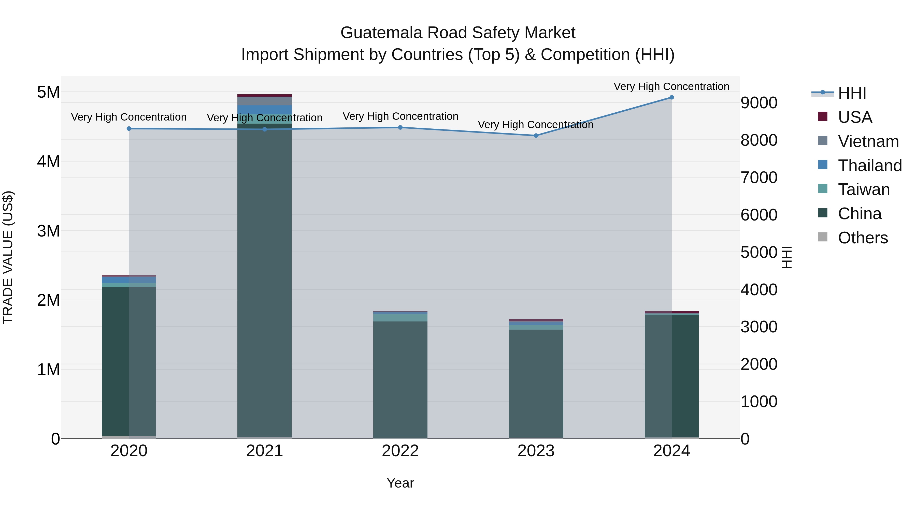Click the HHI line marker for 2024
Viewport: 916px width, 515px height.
(x=671, y=97)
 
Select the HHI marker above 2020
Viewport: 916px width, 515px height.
(x=129, y=129)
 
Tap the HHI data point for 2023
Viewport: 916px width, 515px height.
(x=536, y=135)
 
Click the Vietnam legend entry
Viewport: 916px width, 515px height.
(x=868, y=141)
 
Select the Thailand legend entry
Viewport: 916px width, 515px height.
(x=869, y=166)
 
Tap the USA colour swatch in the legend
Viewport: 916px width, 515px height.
(x=822, y=116)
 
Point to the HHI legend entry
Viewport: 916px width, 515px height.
(x=852, y=93)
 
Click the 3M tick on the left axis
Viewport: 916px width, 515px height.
(x=48, y=231)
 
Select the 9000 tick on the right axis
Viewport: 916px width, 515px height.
(x=759, y=103)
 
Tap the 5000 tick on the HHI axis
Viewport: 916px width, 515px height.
(x=759, y=252)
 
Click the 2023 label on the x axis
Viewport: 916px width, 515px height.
(x=536, y=451)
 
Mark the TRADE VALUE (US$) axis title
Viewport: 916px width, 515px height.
(x=8, y=257)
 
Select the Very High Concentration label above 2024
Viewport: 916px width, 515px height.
(x=671, y=86)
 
